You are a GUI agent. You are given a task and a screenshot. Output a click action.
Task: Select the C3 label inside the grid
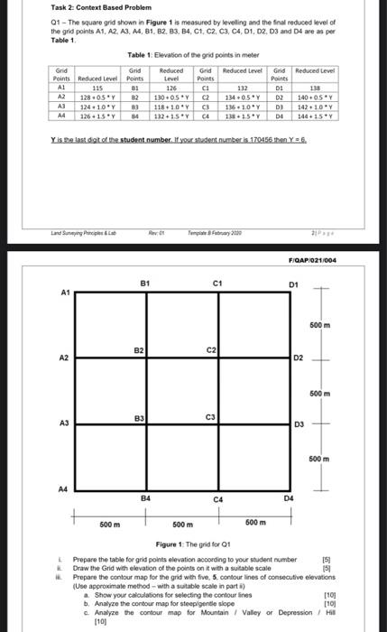pos(210,416)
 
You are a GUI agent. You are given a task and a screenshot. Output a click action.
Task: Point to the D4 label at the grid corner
pos(290,497)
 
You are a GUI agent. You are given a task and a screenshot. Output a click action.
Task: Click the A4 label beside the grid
pos(64,487)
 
